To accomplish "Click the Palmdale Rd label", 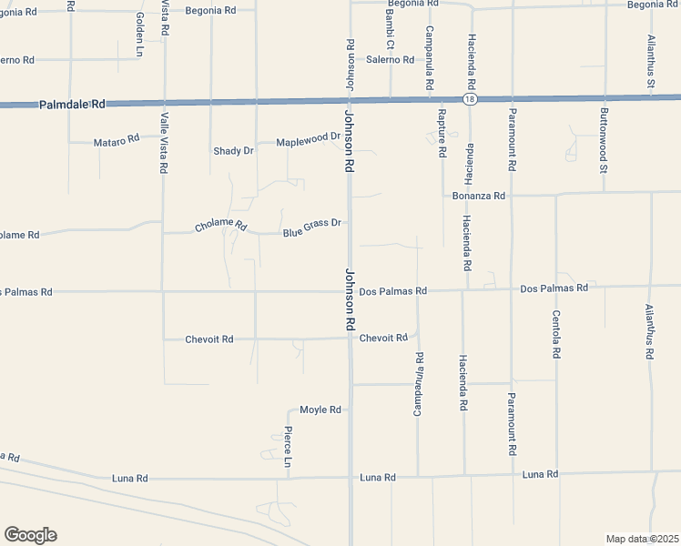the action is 73,105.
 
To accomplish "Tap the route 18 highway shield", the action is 469,98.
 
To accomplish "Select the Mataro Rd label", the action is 117,141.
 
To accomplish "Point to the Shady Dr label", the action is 233,150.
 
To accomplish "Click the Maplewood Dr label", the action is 308,139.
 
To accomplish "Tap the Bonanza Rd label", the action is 479,196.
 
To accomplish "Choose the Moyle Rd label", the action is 320,409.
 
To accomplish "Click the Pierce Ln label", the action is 288,446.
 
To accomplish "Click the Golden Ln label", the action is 139,34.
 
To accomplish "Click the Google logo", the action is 30,535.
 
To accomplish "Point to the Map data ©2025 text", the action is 642,539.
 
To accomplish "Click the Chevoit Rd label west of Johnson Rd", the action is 209,339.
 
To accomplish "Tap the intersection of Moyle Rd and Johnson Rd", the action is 350,409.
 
